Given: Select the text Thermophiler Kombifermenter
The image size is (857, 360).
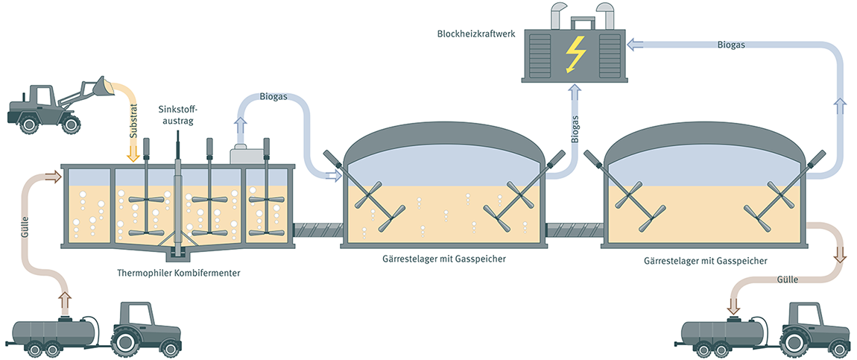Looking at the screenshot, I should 179,273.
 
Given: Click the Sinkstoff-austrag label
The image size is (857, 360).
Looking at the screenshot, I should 177,116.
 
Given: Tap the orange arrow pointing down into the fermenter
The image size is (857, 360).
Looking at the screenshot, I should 133,153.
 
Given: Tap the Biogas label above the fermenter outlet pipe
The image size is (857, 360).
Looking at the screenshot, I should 273,96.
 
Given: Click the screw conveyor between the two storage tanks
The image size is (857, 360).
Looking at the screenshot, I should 574,232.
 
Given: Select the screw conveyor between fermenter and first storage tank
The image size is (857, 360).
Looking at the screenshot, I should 317,232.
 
